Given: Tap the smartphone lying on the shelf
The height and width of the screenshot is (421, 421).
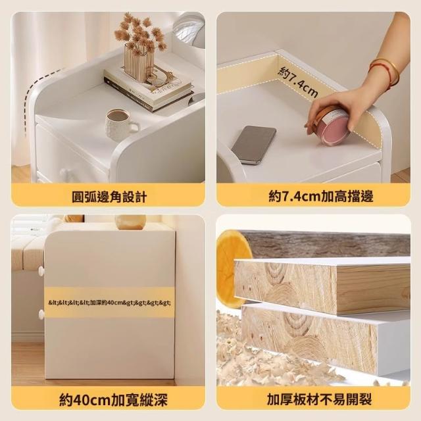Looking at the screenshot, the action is (x=254, y=145).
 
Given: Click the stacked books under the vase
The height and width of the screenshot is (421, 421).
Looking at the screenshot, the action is (x=149, y=87).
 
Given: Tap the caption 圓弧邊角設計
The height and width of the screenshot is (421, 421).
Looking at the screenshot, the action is (x=109, y=197).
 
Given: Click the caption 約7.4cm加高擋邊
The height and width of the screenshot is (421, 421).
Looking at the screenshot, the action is (x=321, y=196).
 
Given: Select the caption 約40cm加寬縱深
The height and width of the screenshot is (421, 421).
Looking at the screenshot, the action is (x=113, y=400).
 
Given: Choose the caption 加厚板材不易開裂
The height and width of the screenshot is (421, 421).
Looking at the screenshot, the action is (x=320, y=399).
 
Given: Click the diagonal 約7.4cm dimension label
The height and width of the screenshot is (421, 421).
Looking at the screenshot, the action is (x=299, y=82).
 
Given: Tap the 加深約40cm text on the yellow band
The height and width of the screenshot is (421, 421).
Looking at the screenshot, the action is (x=109, y=303).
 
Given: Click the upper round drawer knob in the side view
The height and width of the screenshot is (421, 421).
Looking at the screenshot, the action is (x=41, y=270).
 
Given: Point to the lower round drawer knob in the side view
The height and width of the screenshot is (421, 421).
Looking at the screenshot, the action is (x=41, y=314).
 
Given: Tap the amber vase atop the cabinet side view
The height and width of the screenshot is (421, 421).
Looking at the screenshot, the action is (x=130, y=222).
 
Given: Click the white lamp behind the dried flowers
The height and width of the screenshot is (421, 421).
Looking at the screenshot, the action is (x=189, y=30).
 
